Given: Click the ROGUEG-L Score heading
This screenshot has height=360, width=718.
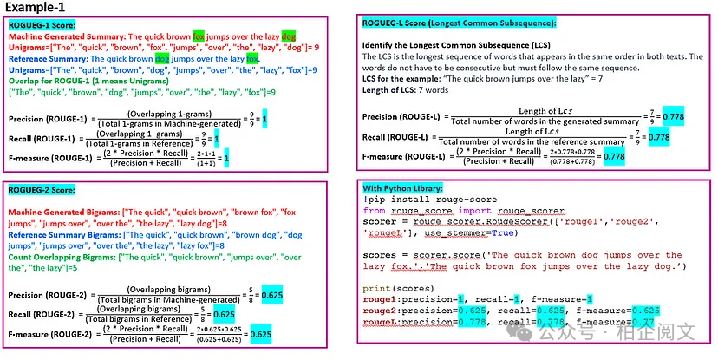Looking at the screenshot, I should pyautogui.click(x=459, y=23).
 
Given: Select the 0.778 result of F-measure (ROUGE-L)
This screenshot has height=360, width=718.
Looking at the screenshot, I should pyautogui.click(x=615, y=156).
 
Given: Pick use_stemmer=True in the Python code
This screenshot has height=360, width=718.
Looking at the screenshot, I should pyautogui.click(x=467, y=233).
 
